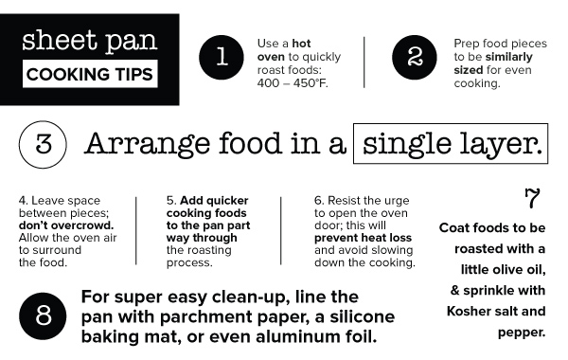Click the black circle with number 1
click(222, 57)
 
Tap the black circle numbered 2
click(415, 57)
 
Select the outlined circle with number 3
click(43, 144)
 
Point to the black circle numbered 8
click(43, 316)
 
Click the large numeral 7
click(532, 198)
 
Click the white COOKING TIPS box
click(90, 74)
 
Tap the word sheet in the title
click(60, 40)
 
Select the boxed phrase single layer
click(451, 144)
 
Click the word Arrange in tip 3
click(147, 145)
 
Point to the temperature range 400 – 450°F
click(293, 83)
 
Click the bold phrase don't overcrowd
click(66, 225)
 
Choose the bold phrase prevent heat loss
click(363, 238)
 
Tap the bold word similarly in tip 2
click(509, 57)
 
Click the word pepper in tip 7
click(522, 333)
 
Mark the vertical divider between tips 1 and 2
click(364, 62)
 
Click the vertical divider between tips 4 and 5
click(135, 231)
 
